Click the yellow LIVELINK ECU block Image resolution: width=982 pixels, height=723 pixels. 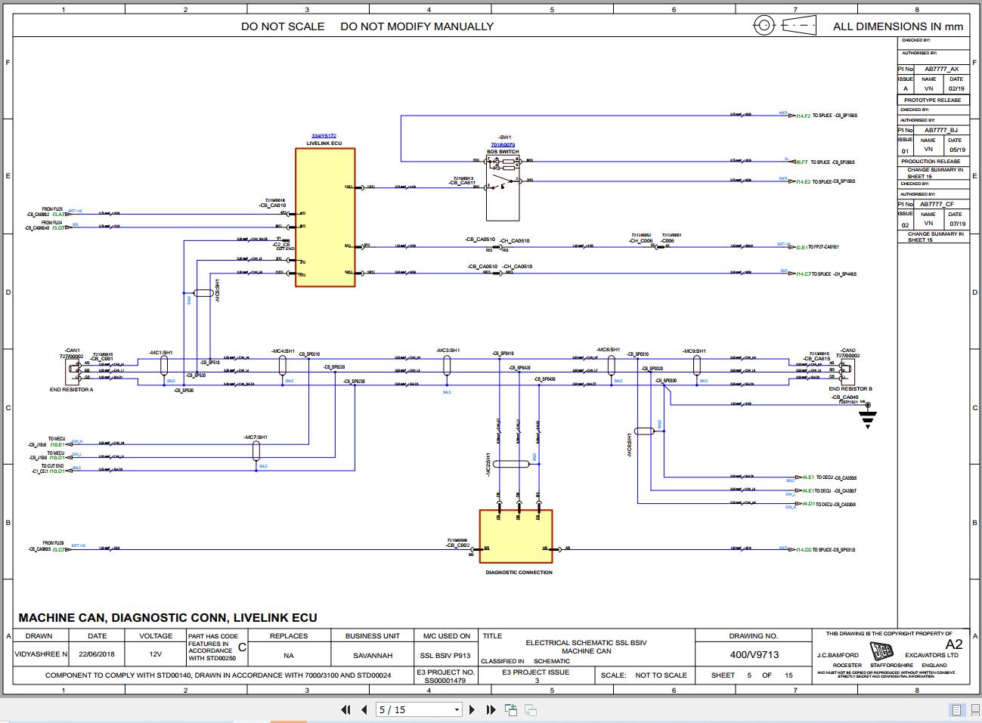coord(325,218)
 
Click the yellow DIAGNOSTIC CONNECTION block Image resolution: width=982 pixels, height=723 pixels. coord(516,536)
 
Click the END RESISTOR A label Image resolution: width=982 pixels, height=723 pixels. coord(72,389)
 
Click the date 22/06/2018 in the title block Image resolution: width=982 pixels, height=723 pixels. coord(98,655)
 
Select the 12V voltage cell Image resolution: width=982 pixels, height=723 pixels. coord(156,655)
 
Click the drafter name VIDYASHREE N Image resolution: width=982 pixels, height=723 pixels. coord(41,655)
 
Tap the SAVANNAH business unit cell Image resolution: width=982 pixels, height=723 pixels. coord(373,655)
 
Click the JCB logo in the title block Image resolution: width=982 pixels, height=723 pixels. coord(881,650)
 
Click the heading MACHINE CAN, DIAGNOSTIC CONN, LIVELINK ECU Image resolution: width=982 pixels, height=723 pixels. coord(168,618)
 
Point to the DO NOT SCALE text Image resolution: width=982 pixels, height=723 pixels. coord(283,26)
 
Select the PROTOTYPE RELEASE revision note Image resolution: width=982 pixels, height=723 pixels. coord(933,100)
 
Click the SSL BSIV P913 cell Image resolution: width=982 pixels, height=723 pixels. coord(446,655)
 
